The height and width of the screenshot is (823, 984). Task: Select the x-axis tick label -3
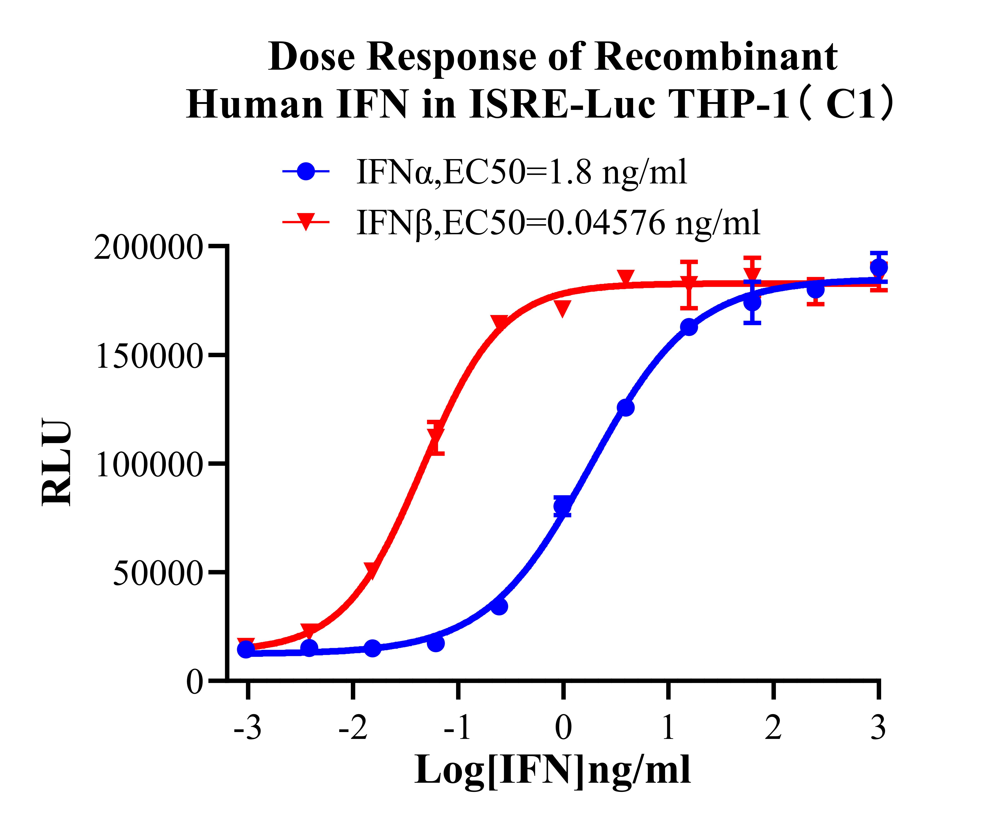tap(247, 728)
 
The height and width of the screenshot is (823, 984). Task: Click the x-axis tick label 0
tap(563, 728)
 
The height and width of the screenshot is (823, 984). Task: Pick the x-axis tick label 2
tap(773, 728)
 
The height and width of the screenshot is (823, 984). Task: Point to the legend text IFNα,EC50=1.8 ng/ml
tap(521, 172)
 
